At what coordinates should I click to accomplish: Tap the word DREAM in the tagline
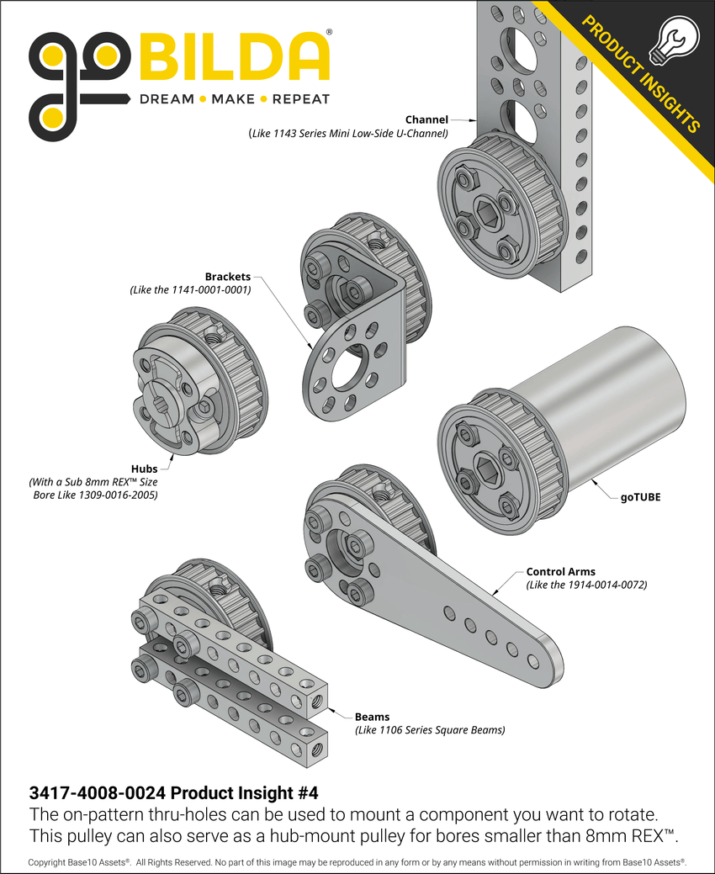pos(166,99)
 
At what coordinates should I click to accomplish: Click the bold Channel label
pos(426,119)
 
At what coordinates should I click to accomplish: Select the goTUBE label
pos(640,497)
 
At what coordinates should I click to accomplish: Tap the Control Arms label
pos(560,571)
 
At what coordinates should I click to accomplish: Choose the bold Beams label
pos(372,717)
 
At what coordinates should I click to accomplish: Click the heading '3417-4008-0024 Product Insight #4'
pos(173,792)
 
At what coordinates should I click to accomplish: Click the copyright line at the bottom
pos(357,862)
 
